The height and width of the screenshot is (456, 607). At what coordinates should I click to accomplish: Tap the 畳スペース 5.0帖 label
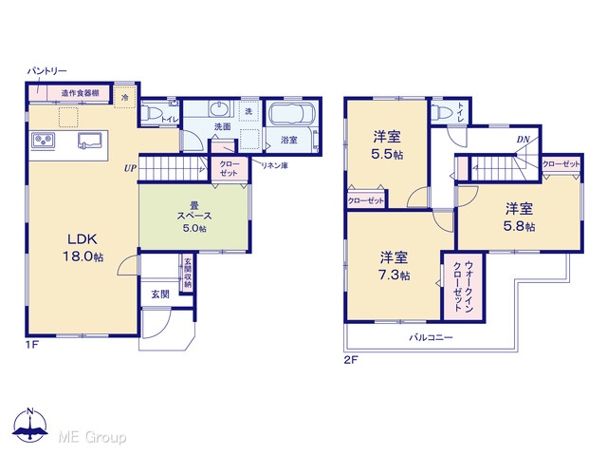coord(193,217)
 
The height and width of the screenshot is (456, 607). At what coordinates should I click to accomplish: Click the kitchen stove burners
coord(44,140)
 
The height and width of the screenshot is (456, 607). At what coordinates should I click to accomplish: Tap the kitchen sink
coord(90,141)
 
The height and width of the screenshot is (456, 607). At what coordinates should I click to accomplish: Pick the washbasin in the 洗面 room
coord(220,108)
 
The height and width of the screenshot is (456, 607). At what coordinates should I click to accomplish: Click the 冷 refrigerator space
coord(124,97)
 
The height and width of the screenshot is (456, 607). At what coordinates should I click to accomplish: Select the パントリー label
coord(46,71)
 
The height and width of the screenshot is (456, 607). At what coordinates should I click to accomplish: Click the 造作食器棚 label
coord(80,93)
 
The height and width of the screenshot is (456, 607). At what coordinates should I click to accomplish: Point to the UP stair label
coord(130,168)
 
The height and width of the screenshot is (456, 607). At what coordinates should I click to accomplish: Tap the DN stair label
coord(523,140)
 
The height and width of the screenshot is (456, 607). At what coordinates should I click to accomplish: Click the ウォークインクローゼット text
coord(463,286)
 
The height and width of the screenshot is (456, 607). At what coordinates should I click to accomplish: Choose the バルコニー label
coord(431,337)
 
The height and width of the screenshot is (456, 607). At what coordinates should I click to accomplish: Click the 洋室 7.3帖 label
coord(395,266)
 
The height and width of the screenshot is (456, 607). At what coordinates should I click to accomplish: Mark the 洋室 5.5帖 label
coord(387,145)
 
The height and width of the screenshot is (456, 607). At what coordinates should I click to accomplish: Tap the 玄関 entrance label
coord(160,294)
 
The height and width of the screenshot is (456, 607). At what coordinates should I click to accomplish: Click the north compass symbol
coord(30,425)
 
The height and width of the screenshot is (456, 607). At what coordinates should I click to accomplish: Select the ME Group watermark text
coord(92,437)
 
